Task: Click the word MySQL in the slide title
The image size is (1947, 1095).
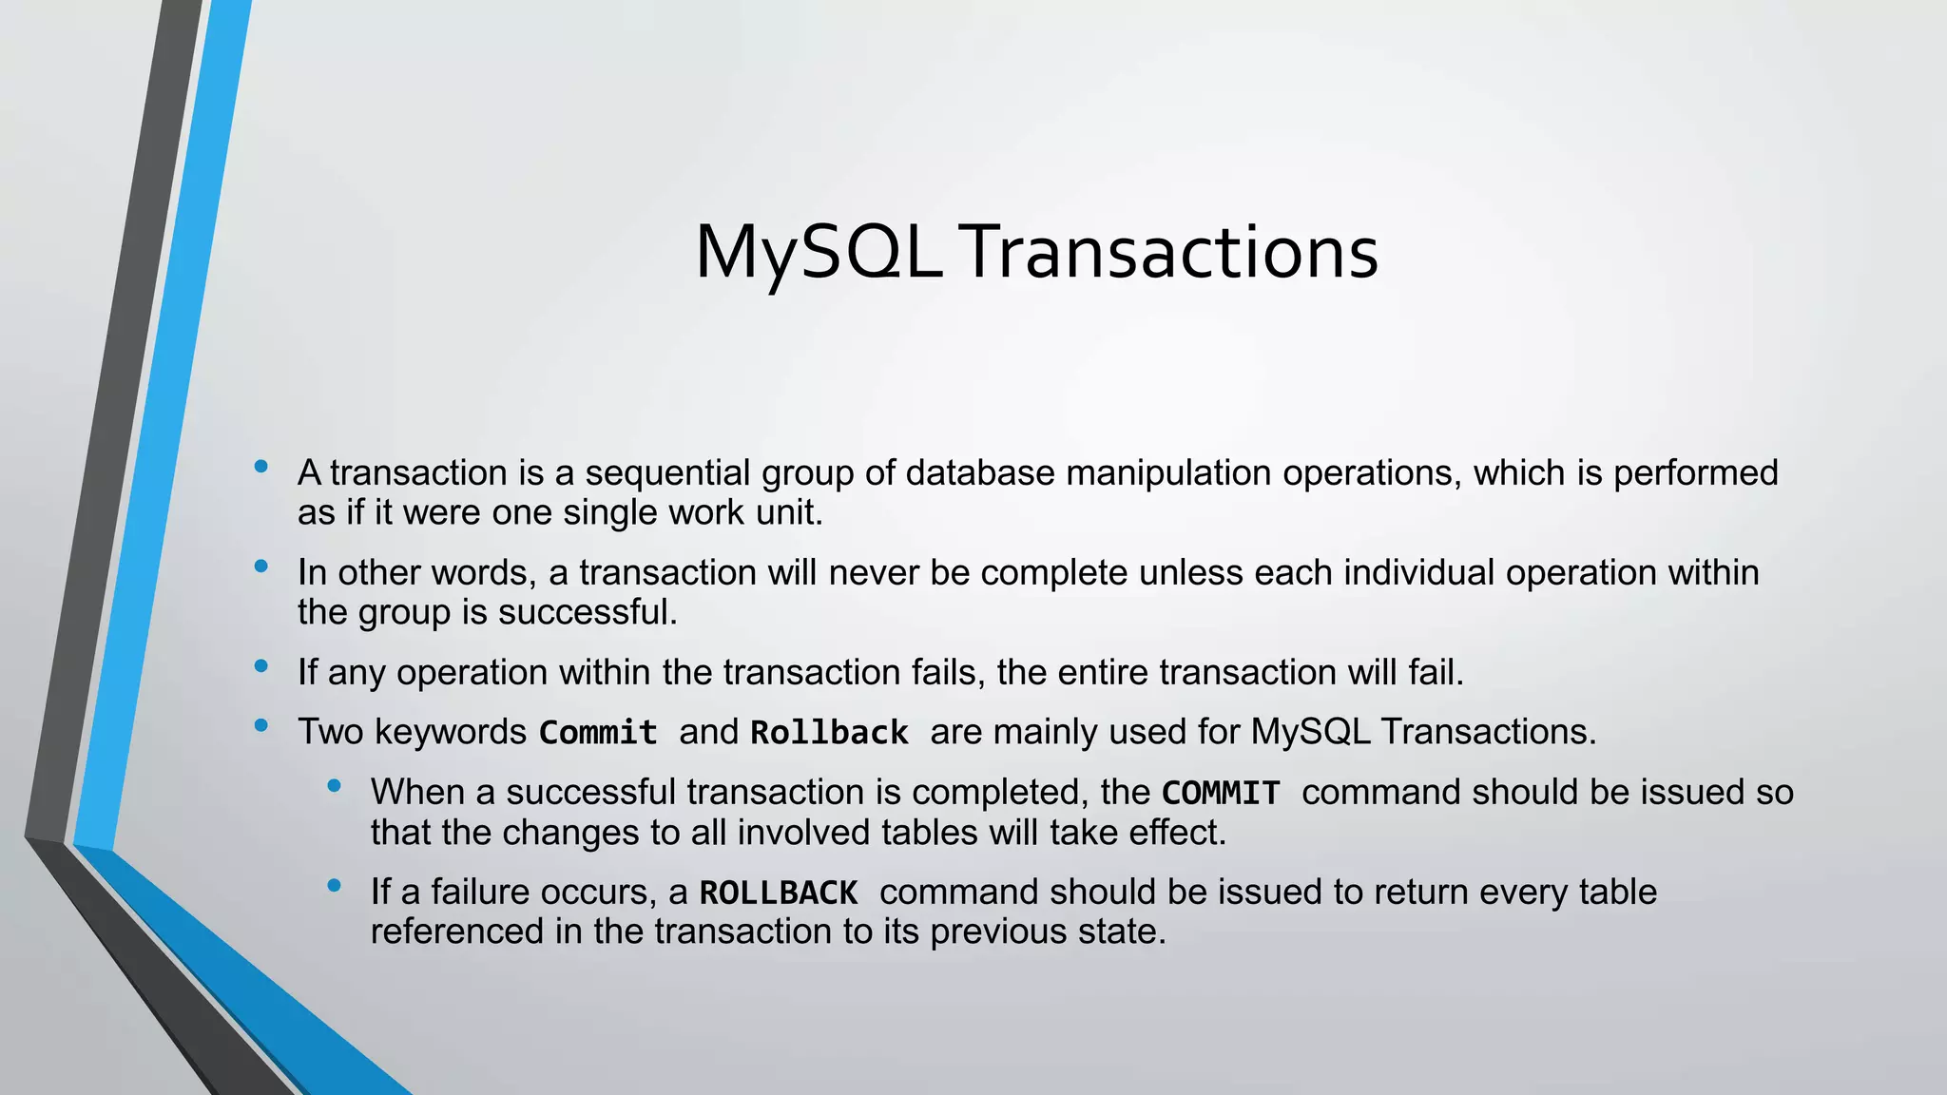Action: point(819,253)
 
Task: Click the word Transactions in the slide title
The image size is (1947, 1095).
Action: point(1171,253)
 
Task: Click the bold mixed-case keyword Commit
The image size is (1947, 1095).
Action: point(598,733)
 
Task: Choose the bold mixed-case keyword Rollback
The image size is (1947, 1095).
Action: point(829,733)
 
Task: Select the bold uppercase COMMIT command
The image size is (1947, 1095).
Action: point(1221,793)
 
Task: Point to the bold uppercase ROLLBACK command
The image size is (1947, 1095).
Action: point(779,893)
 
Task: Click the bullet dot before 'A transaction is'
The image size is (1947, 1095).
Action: point(261,467)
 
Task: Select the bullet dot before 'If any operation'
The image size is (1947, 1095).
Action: point(261,666)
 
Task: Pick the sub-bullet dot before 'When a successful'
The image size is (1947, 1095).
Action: point(334,786)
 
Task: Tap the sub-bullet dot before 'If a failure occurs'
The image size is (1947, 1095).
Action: point(334,886)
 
